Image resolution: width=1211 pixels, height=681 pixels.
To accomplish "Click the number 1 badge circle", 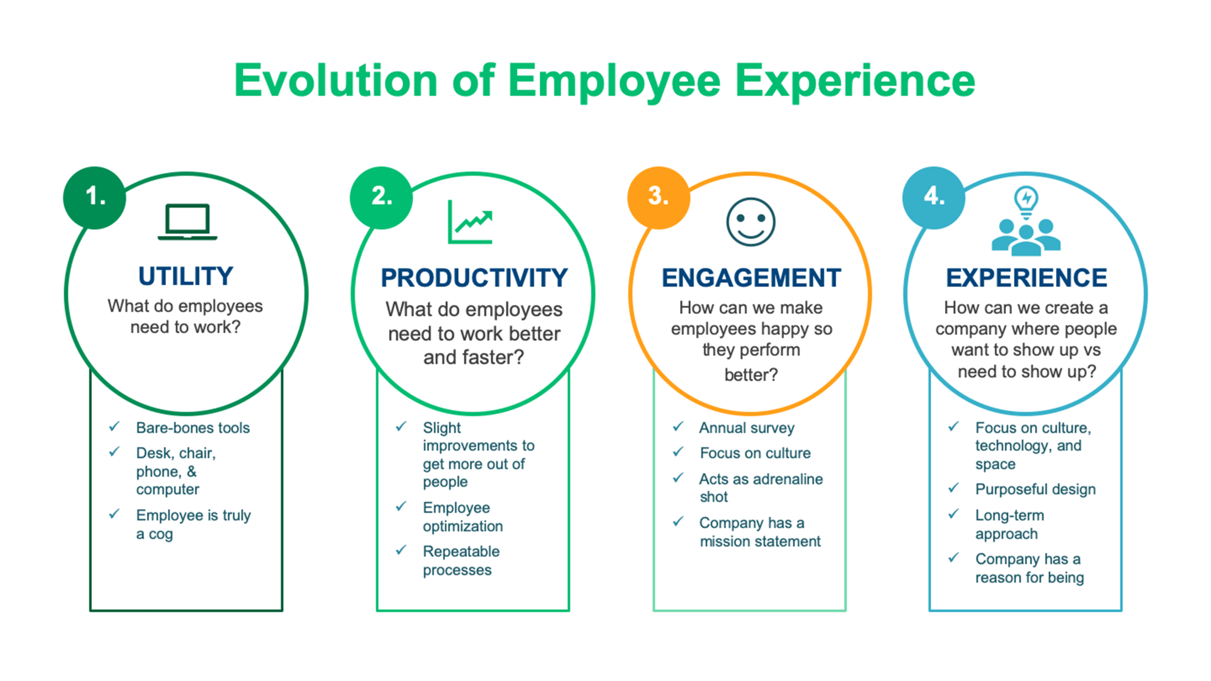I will click(x=94, y=197).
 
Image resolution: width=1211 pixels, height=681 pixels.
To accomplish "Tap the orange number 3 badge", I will click(x=659, y=197).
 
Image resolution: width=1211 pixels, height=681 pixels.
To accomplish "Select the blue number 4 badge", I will click(x=934, y=197).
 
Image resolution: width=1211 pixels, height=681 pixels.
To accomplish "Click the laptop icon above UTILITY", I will click(x=187, y=222).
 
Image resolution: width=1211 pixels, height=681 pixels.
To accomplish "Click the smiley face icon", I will click(x=750, y=222).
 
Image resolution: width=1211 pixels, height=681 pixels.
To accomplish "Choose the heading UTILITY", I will click(x=186, y=276).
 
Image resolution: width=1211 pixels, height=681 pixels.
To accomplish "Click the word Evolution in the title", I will click(x=336, y=81).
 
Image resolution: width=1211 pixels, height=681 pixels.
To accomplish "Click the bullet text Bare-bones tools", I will click(x=193, y=428).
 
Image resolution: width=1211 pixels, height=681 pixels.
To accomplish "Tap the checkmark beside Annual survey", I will click(x=678, y=426).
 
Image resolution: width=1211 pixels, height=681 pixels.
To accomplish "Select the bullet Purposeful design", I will click(x=1035, y=489).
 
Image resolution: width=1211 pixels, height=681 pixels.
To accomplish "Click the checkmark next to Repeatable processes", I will click(x=401, y=550).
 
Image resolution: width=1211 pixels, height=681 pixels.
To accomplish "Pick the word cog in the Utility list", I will click(x=161, y=535).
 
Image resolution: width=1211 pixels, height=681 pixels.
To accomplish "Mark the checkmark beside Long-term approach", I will click(x=953, y=514).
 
